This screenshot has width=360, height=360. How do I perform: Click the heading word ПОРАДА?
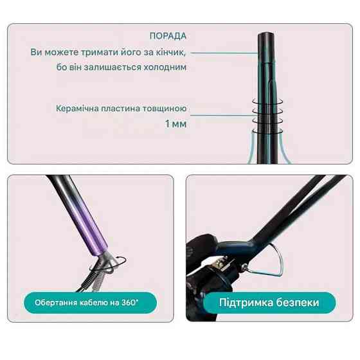tap(168, 36)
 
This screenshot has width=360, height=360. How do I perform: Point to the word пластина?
tap(119, 108)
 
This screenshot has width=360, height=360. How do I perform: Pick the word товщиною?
tap(164, 108)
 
